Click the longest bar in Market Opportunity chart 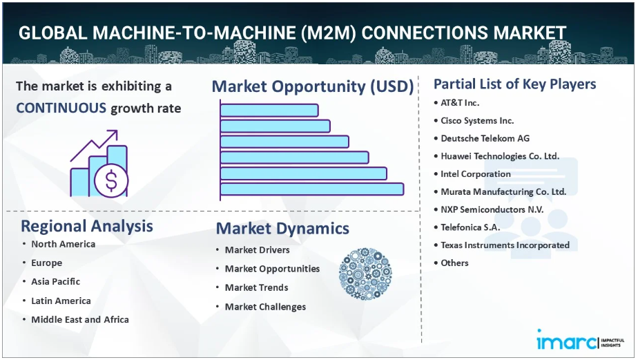(312, 189)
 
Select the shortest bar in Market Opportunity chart (269, 111)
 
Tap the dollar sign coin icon (111, 180)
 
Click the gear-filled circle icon (365, 274)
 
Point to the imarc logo (580, 340)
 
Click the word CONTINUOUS (61, 108)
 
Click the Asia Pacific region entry (56, 281)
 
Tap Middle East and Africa (80, 320)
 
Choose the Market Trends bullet (256, 287)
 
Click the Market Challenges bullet (265, 307)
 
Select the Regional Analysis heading (87, 226)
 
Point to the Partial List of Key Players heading (514, 84)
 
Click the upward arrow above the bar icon (94, 145)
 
